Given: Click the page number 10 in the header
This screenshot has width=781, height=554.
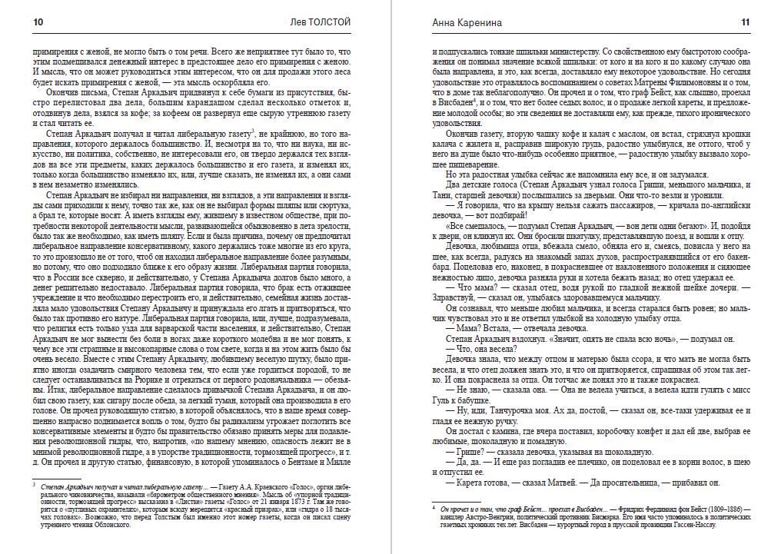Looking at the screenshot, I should [x=38, y=22].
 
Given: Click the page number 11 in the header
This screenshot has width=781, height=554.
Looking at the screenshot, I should [x=745, y=22].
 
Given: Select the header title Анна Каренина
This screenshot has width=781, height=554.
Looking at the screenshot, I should [x=459, y=22].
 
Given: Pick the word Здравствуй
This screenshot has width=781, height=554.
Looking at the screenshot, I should [x=453, y=297].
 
